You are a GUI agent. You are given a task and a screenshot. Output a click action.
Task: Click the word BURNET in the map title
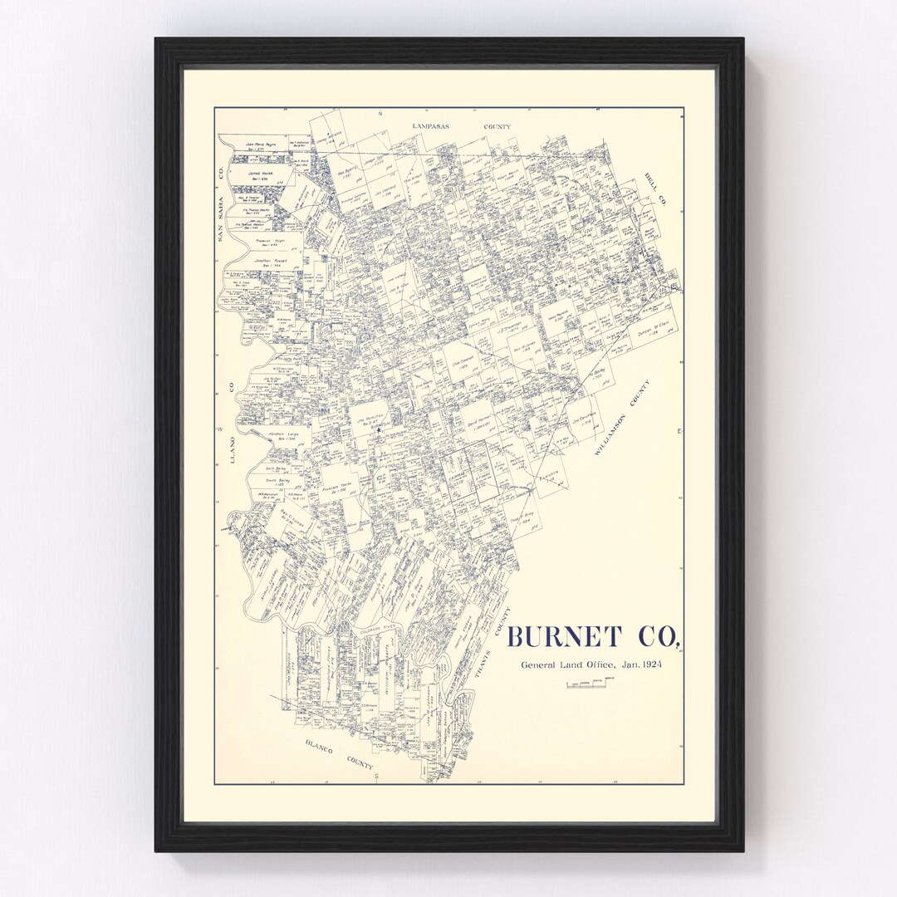tap(563, 637)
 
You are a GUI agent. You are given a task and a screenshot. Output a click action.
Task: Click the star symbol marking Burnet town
tap(378, 430)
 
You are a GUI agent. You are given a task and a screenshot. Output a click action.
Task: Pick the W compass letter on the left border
tap(220, 429)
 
